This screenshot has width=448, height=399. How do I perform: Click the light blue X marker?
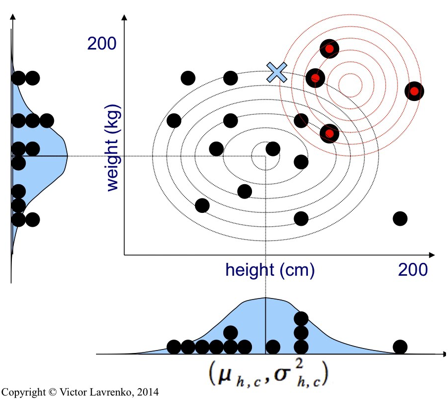coord(277,72)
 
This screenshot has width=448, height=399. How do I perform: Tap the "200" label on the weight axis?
coord(102,44)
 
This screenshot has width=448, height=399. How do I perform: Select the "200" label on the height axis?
coord(412,270)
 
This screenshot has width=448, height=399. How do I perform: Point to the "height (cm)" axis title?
coord(270,270)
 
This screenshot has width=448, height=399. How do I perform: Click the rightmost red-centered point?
coord(414,91)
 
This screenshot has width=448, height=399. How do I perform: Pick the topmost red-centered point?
coord(329,49)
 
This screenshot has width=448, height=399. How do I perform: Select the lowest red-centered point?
coord(329,133)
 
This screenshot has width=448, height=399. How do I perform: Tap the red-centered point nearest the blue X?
coord(315,78)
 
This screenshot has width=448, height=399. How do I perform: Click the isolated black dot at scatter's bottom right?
coord(400,218)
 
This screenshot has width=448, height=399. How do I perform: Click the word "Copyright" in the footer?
coord(23,392)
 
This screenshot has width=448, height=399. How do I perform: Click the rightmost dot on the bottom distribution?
coord(400,347)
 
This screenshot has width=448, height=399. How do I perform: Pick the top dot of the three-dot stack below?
coord(301,318)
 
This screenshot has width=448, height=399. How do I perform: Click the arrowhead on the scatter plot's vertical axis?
coord(124,19)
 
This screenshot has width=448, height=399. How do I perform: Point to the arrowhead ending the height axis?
coord(432,255)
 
